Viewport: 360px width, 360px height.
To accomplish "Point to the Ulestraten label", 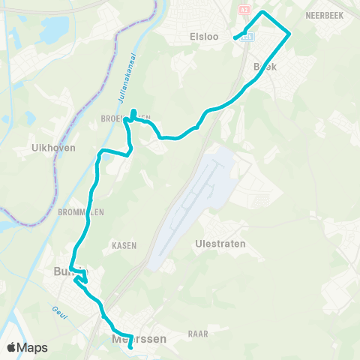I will (x=220, y=244).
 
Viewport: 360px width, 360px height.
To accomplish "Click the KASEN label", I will (x=122, y=245).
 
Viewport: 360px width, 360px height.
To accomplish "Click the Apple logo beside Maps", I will (x=11, y=347).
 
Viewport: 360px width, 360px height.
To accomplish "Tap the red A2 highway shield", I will (x=244, y=9).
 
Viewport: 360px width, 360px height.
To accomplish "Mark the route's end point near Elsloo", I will (x=235, y=37).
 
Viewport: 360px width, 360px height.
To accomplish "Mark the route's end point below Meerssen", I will (x=130, y=347).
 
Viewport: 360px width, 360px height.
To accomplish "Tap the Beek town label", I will (x=265, y=67).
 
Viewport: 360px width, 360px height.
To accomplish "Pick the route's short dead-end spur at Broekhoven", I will (x=133, y=114).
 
